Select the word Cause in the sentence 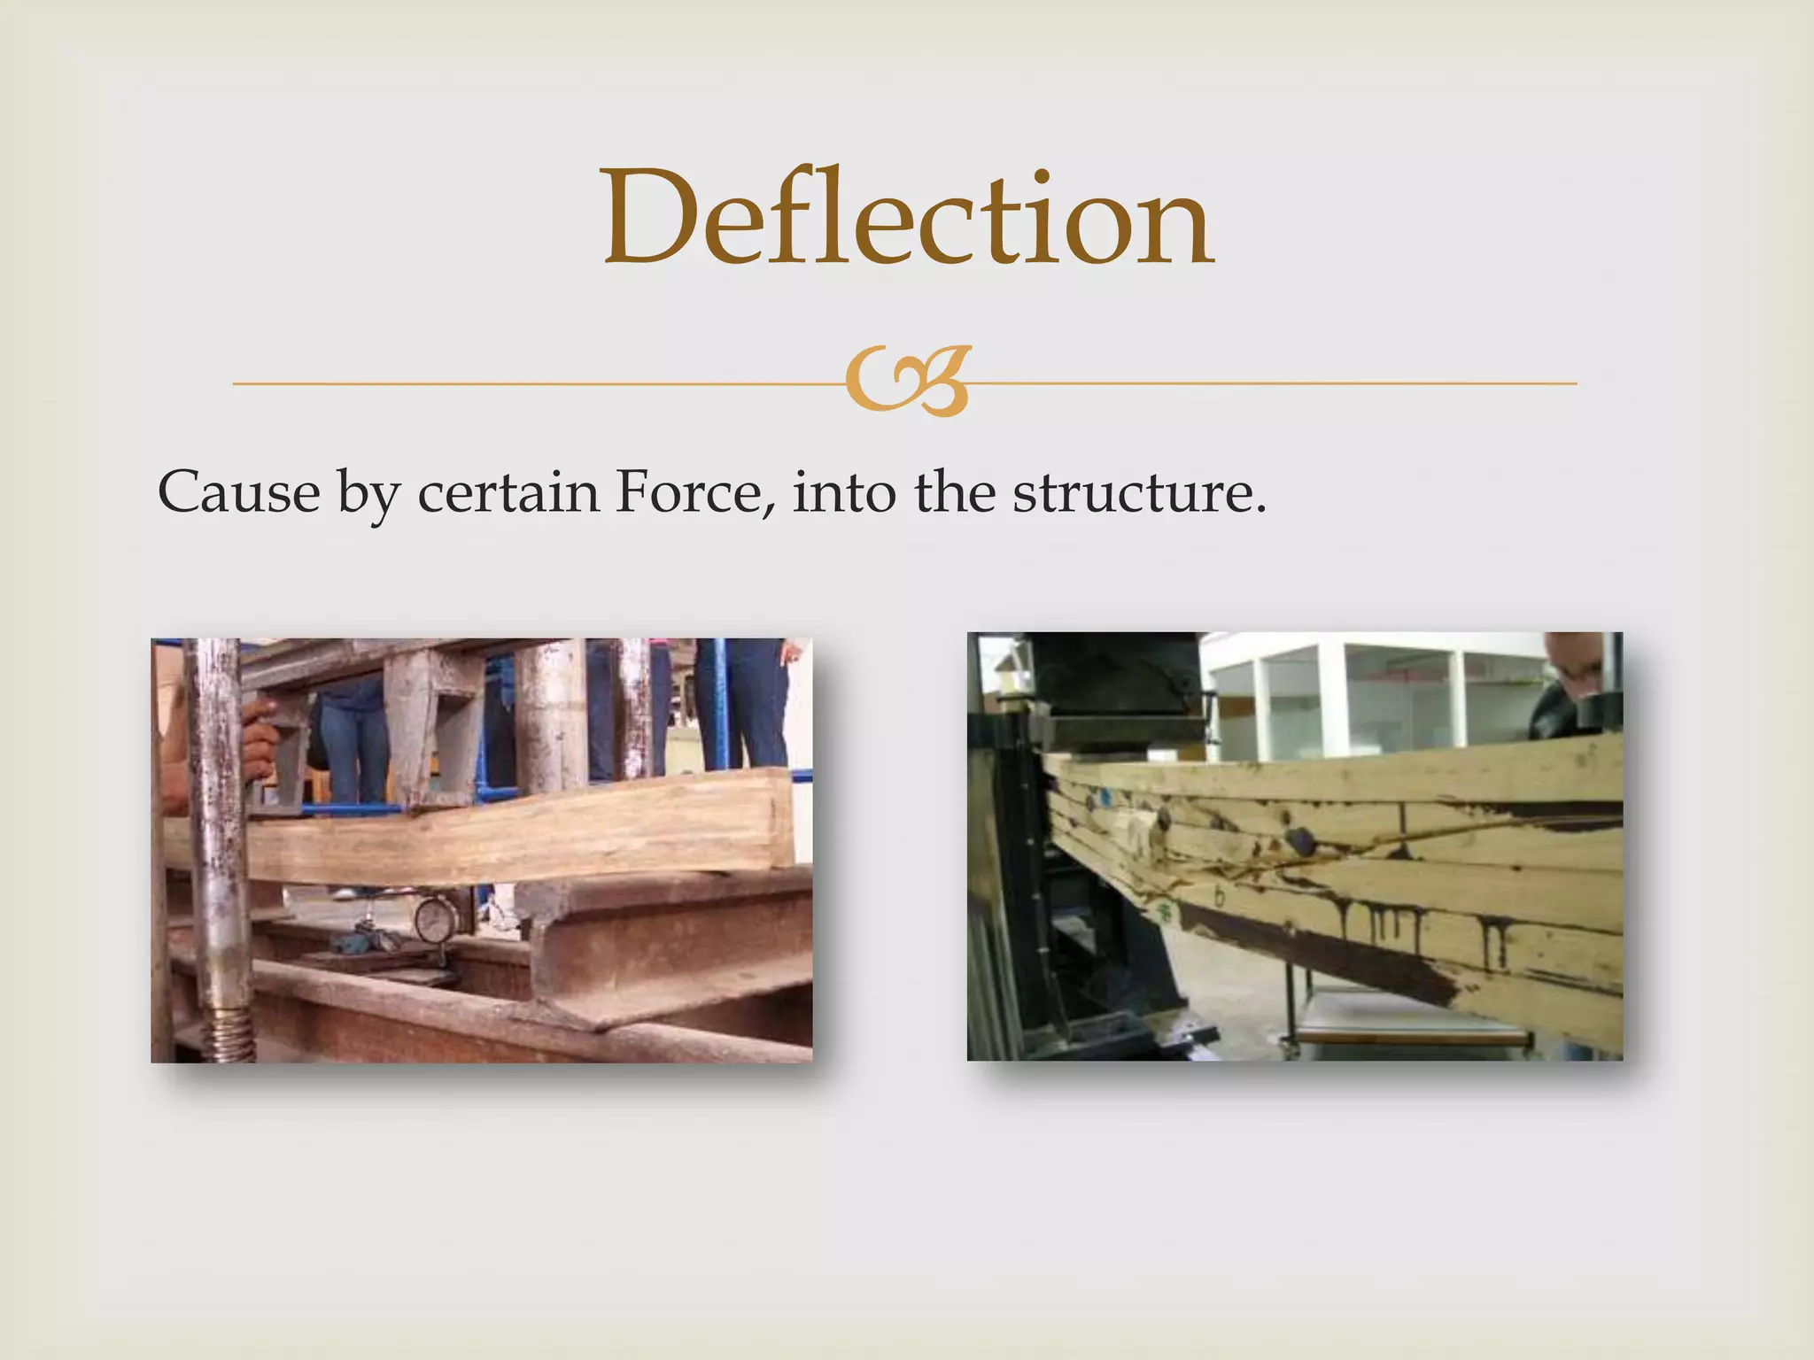tap(238, 491)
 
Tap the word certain tap(508, 491)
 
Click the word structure tap(1139, 491)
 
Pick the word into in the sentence tap(844, 491)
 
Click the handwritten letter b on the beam tap(1220, 897)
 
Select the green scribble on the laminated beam tap(1166, 913)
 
